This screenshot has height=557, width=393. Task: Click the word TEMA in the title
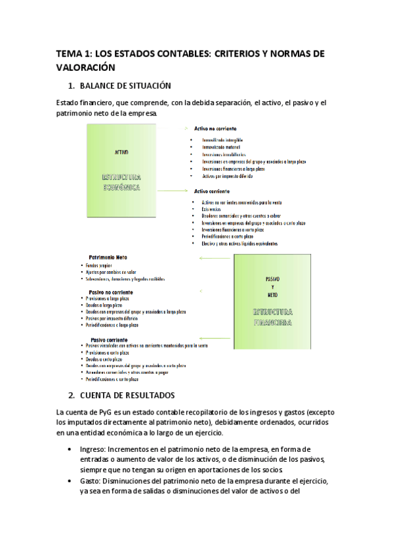pyautogui.click(x=69, y=53)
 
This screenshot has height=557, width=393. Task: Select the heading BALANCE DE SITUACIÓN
pyautogui.click(x=125, y=85)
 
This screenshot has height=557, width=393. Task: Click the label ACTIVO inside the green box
pyautogui.click(x=121, y=152)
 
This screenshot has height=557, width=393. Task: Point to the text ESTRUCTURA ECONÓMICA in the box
pyautogui.click(x=121, y=182)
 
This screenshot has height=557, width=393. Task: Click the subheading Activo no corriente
pyautogui.click(x=215, y=129)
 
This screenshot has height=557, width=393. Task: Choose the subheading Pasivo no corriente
pyautogui.click(x=110, y=291)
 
